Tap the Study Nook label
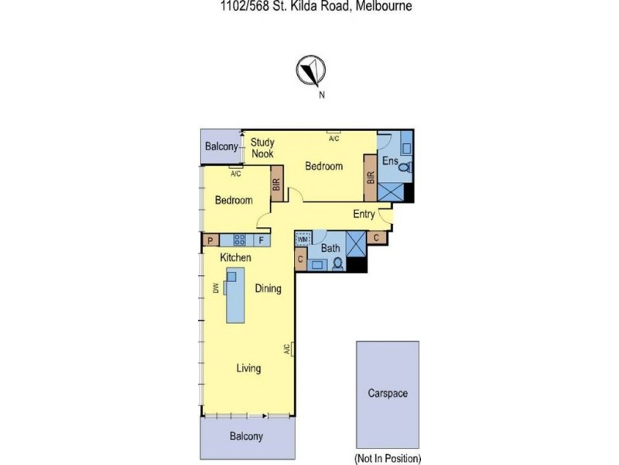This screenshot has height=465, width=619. pos(262,148)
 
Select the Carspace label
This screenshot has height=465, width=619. pos(387,393)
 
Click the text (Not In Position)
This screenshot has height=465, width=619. pos(388,457)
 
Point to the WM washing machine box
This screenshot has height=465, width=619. pos(303,239)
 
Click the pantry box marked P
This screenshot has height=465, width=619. pos(210,241)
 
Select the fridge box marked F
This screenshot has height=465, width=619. pos(261,241)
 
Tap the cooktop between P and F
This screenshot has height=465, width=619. pos(240,241)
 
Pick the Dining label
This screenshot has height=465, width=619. pos(268,288)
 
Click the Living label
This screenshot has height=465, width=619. pos(248,368)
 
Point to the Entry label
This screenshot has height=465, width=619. pos(364,214)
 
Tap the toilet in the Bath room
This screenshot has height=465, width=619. pos(338,263)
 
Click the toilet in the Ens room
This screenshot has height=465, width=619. pos(403,166)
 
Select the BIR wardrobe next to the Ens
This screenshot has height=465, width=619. pos(370,178)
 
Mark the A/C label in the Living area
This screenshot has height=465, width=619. pos(286,350)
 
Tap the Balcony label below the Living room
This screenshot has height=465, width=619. pos(246,436)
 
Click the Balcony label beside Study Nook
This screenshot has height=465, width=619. pos(221,147)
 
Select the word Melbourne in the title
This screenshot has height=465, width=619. pos(384,5)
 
